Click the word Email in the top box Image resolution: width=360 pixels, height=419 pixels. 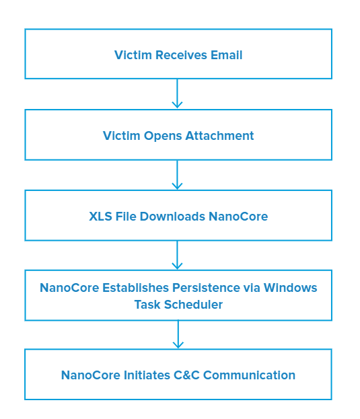(x=226, y=55)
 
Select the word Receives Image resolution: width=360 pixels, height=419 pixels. (x=181, y=55)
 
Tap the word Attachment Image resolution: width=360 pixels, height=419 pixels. (x=219, y=136)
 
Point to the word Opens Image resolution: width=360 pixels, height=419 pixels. (x=163, y=137)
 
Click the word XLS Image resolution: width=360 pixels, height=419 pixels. (x=100, y=217)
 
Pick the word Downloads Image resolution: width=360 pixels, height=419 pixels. (x=172, y=217)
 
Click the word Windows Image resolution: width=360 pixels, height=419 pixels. (x=290, y=288)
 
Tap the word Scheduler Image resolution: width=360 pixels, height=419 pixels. (x=193, y=305)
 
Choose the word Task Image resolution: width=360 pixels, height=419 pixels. (x=147, y=305)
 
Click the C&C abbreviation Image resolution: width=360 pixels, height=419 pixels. (x=186, y=375)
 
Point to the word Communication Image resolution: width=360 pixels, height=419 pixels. (x=249, y=375)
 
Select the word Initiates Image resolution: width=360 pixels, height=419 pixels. (x=147, y=375)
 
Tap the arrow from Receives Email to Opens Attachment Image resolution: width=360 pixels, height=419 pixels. (x=177, y=93)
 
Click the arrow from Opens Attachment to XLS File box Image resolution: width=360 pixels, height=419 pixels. (x=177, y=175)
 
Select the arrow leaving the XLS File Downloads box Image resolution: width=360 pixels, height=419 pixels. (x=177, y=255)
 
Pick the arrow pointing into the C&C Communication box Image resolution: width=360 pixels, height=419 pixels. (x=178, y=334)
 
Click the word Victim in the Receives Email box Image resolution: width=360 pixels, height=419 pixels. (x=133, y=55)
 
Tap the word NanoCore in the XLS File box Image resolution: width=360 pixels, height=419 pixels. (x=238, y=217)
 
